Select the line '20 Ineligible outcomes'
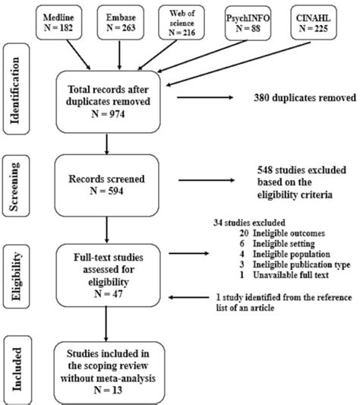pyautogui.click(x=279, y=236)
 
